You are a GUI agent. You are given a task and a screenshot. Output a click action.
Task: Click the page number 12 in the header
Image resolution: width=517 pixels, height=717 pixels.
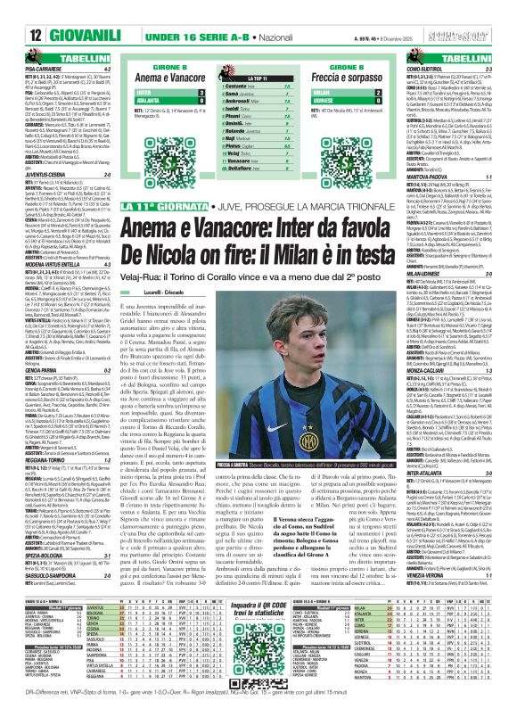click(13, 10)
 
